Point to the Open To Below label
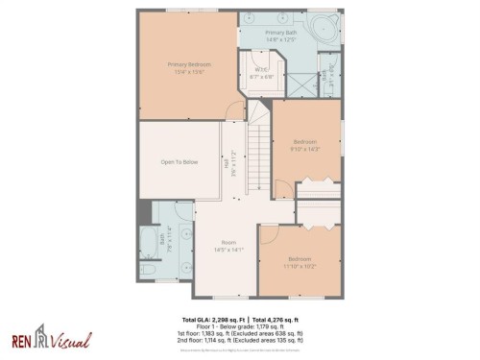click(x=179, y=162)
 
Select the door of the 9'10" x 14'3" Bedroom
click(x=282, y=187)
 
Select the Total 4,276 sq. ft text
click(x=276, y=319)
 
